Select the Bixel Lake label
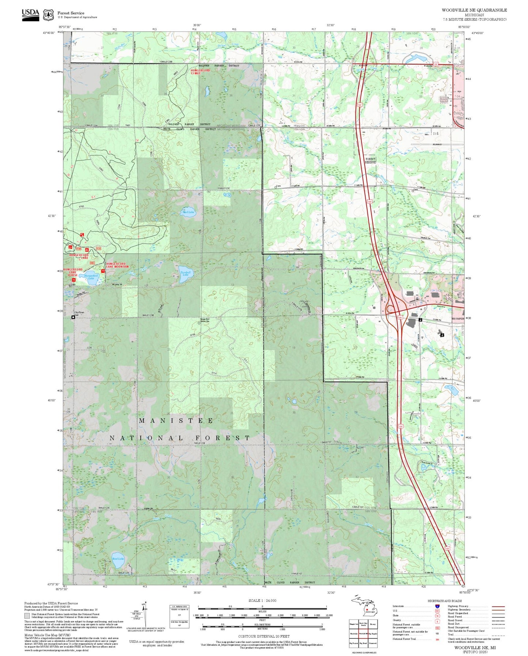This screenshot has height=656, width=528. (x=118, y=558)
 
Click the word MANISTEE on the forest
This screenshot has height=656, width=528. (x=176, y=421)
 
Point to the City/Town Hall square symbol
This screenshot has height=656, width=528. (x=73, y=317)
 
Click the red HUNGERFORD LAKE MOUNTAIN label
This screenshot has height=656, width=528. (x=117, y=265)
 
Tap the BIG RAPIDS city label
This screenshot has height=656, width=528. (x=458, y=319)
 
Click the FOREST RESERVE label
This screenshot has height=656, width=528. (x=370, y=161)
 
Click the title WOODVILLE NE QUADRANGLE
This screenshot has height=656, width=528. (x=474, y=10)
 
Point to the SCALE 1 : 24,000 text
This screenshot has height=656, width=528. (x=262, y=600)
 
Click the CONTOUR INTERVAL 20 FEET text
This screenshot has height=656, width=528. (x=263, y=637)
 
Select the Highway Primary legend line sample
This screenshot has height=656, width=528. (x=498, y=606)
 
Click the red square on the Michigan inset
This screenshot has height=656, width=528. (x=366, y=609)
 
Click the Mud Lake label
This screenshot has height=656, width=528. (x=188, y=212)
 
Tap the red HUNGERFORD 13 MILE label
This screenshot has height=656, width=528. (x=200, y=72)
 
